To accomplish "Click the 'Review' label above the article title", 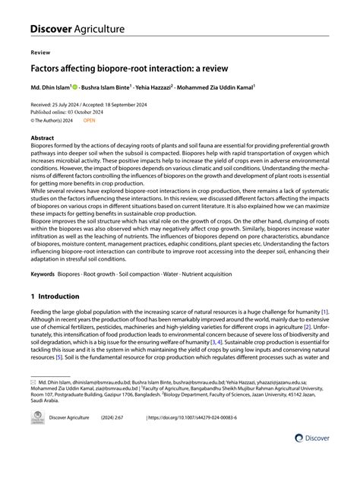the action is coord(40,54).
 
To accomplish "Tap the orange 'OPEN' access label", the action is coord(90,119).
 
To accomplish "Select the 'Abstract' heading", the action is coord(43,138).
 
